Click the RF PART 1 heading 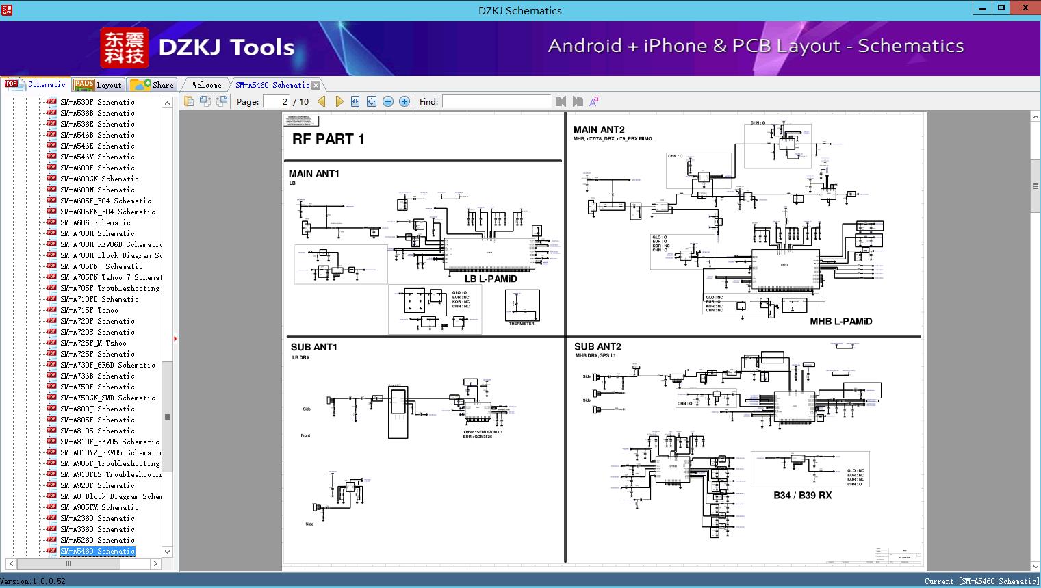[x=329, y=139]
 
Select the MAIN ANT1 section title [x=313, y=174]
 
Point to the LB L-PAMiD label [x=491, y=279]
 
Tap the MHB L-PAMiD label [x=840, y=321]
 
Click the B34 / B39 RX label [x=802, y=495]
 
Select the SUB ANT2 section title [x=597, y=347]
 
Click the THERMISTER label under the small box [x=522, y=324]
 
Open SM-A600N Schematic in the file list [x=97, y=190]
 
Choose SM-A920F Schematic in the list [x=97, y=485]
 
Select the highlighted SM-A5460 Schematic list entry [x=97, y=551]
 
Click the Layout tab [x=99, y=85]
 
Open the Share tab [x=153, y=85]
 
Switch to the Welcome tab [x=207, y=85]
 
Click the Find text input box [x=496, y=101]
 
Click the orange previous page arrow [x=322, y=101]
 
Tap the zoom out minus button [x=388, y=101]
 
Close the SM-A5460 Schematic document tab [x=316, y=85]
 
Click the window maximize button [x=1001, y=8]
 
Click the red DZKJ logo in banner [x=124, y=47]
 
